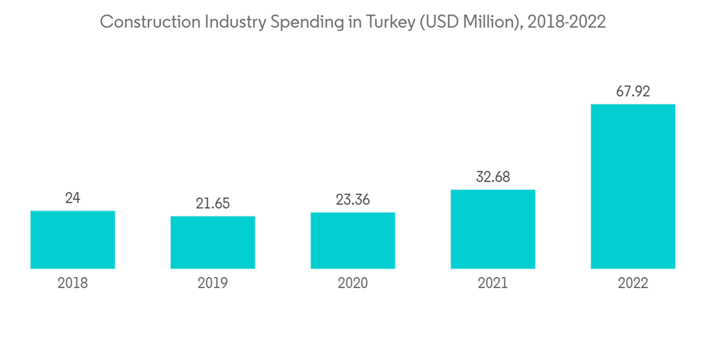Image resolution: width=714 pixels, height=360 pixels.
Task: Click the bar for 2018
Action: click(x=73, y=239)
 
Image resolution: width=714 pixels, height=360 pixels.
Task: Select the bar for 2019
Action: click(x=213, y=242)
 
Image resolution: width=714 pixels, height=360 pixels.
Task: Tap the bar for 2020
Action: click(x=353, y=241)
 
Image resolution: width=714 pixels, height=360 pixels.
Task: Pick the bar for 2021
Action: click(x=493, y=229)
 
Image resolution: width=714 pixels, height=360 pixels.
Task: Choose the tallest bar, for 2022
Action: click(x=633, y=186)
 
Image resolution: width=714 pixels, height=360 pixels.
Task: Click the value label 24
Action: click(x=73, y=198)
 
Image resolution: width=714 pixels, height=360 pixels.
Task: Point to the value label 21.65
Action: click(x=213, y=204)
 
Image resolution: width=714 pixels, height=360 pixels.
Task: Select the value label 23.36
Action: click(x=353, y=200)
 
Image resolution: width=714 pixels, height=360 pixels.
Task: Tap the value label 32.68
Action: click(x=493, y=177)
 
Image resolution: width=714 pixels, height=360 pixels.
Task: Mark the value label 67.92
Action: click(x=633, y=92)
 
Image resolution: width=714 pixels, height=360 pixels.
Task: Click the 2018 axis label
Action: click(x=73, y=284)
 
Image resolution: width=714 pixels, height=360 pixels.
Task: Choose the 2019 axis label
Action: click(x=213, y=284)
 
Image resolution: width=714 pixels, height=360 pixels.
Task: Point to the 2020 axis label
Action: click(x=353, y=284)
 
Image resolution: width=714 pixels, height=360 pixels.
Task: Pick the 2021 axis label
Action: click(x=493, y=284)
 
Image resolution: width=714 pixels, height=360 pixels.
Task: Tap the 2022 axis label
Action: click(x=633, y=284)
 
